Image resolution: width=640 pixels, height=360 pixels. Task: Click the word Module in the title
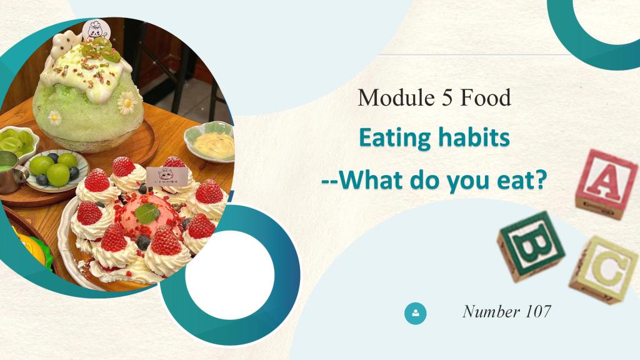pos(390,97)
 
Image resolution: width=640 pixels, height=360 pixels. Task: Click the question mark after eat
pos(541,179)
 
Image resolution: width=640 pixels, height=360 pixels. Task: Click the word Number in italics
pos(491,311)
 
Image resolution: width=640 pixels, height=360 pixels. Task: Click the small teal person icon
pos(416,314)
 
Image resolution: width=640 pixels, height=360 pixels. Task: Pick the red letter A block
pos(606,184)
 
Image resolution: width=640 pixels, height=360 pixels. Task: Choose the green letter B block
pos(531,246)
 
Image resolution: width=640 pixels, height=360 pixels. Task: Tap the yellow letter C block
pos(604,270)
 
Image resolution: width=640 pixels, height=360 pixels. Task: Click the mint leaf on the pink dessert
pos(147,212)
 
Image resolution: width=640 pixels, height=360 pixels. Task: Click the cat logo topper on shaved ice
pos(96,29)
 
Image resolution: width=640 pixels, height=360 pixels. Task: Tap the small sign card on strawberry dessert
pos(167,176)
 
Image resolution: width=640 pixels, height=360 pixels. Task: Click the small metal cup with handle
pos(11,171)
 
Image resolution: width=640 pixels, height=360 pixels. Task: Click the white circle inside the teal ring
pos(230,275)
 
